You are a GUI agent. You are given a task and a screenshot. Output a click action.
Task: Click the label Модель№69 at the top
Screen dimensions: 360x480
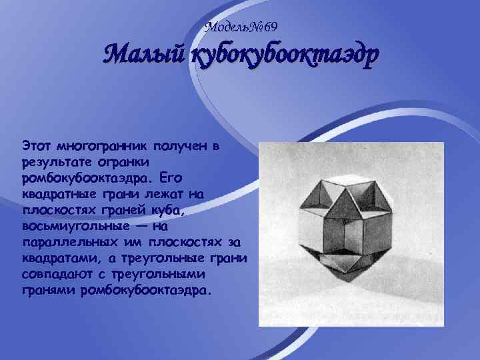tap(241, 27)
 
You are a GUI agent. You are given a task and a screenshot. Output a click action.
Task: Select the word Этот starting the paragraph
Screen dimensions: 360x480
tap(35, 145)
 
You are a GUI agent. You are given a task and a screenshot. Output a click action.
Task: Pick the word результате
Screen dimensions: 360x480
tap(55, 161)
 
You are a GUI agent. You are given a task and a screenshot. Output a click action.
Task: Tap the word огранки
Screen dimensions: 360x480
tap(128, 161)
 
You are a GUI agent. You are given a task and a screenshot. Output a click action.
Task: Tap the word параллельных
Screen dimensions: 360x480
tap(63, 243)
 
